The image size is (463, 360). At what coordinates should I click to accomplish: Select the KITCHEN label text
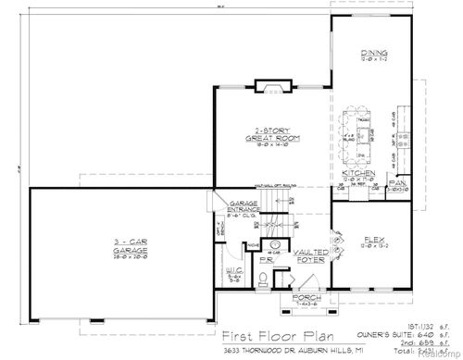click(357, 173)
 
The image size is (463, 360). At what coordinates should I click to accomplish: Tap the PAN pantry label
click(397, 183)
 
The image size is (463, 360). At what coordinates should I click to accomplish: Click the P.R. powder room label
click(265, 260)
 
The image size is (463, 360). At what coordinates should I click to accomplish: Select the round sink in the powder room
click(274, 248)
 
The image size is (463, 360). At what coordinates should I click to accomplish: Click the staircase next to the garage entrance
click(281, 217)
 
